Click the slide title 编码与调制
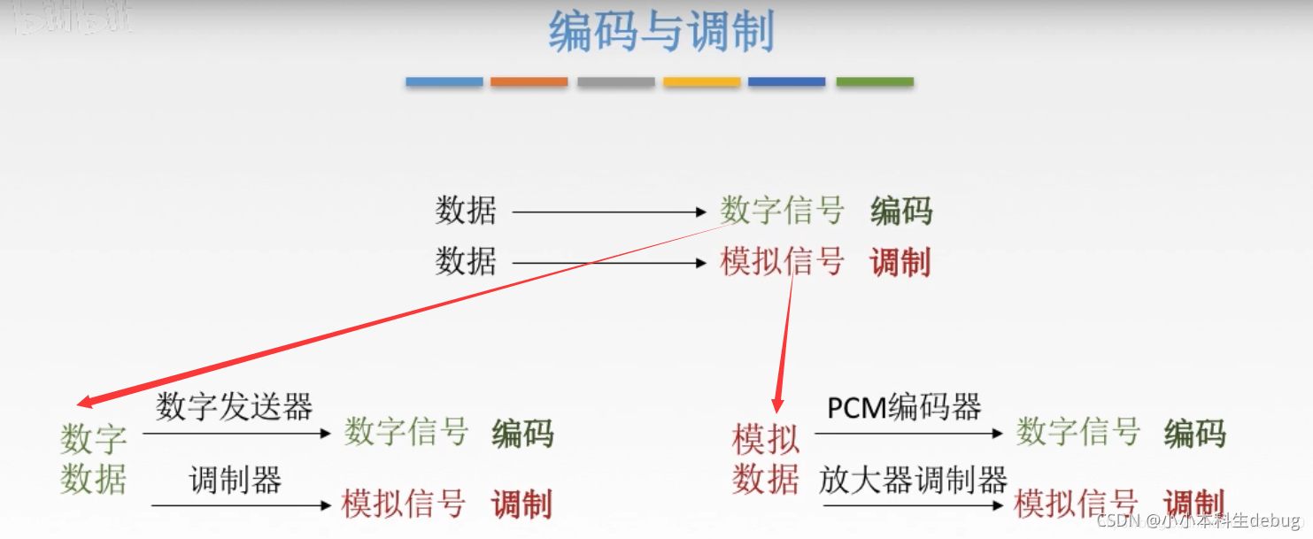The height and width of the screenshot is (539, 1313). pyautogui.click(x=660, y=33)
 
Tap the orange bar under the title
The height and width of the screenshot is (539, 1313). pyautogui.click(x=529, y=82)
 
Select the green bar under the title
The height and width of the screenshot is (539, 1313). pyautogui.click(x=875, y=82)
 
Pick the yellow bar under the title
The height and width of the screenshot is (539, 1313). pyautogui.click(x=701, y=82)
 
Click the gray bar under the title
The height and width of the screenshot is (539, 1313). pyautogui.click(x=615, y=82)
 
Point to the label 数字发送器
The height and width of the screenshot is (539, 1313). pyautogui.click(x=235, y=407)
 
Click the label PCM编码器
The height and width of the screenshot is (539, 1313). pyautogui.click(x=904, y=407)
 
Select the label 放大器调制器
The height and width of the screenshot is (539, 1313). pyautogui.click(x=913, y=480)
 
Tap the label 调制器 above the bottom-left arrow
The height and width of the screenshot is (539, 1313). pyautogui.click(x=235, y=481)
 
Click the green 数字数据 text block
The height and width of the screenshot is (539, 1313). pyautogui.click(x=94, y=459)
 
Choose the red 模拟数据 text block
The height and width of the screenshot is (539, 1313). pyautogui.click(x=766, y=459)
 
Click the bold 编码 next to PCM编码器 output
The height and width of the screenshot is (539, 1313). pyautogui.click(x=1194, y=434)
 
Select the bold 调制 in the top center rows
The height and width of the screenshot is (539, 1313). pyautogui.click(x=900, y=263)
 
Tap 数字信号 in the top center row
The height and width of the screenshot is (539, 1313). pyautogui.click(x=782, y=212)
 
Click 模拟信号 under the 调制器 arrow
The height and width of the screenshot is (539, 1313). pyautogui.click(x=404, y=504)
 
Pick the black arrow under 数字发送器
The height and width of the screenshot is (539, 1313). pyautogui.click(x=236, y=434)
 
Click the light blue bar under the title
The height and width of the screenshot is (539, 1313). pyautogui.click(x=444, y=82)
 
